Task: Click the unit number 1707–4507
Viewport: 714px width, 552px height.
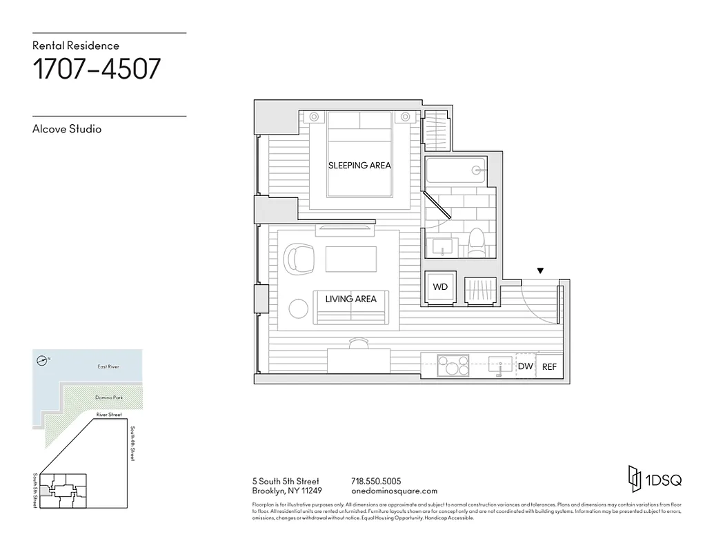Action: (97, 69)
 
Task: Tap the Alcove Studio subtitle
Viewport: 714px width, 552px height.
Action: (67, 129)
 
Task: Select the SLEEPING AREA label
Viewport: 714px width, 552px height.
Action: (359, 166)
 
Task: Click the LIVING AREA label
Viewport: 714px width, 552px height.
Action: (351, 299)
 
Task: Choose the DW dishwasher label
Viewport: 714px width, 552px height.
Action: (526, 366)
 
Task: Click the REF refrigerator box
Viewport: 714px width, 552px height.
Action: (549, 366)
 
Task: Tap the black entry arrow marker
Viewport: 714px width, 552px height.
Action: (541, 271)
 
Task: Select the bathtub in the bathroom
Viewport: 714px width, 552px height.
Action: (457, 170)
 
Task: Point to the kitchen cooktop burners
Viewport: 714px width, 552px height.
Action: (453, 365)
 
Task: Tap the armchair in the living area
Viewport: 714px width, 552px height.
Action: (299, 259)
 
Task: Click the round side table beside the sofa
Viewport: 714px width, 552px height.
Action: (299, 308)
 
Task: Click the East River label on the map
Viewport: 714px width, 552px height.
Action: (108, 366)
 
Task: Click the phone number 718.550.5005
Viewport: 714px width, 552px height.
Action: (376, 481)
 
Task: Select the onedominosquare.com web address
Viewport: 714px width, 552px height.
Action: (394, 491)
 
